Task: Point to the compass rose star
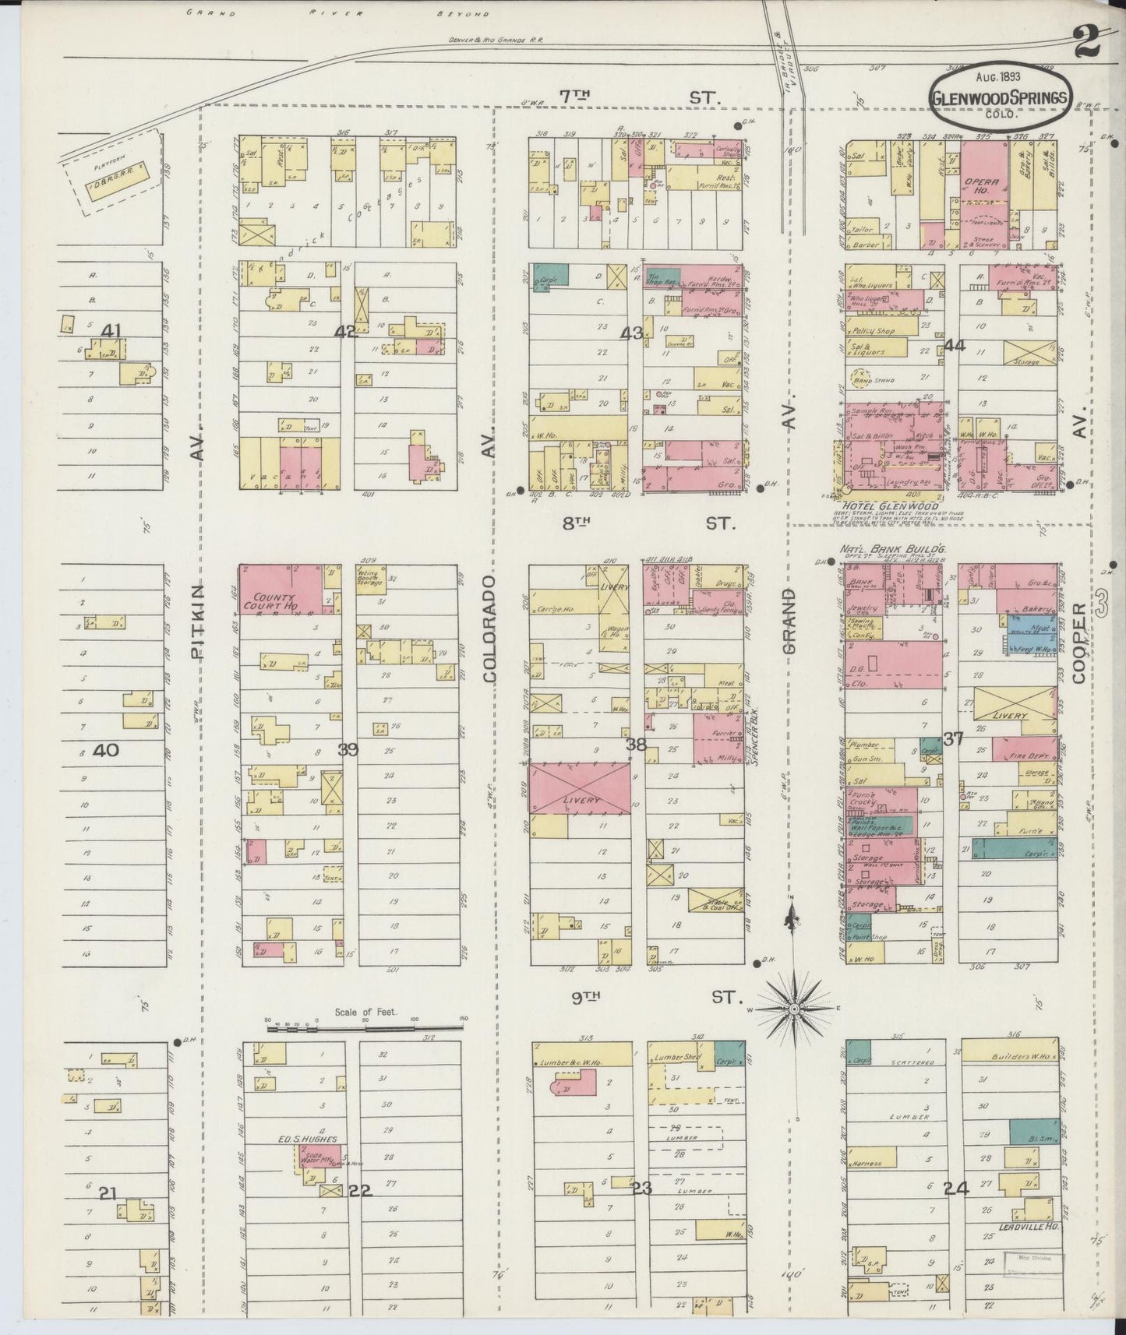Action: (793, 1009)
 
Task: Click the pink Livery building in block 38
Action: (580, 788)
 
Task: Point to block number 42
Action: (345, 332)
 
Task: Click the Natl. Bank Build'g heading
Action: (891, 549)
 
